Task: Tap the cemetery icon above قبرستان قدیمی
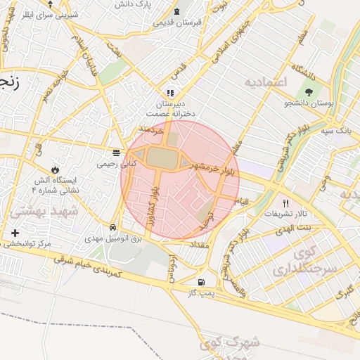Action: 176,11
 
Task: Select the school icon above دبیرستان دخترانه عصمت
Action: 169,93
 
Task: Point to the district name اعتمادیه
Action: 266,83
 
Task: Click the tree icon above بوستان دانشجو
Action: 309,92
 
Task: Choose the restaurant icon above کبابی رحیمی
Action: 116,153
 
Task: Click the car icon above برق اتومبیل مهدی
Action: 113,228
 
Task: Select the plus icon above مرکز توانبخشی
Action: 15,233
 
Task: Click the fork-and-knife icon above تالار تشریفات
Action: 285,202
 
